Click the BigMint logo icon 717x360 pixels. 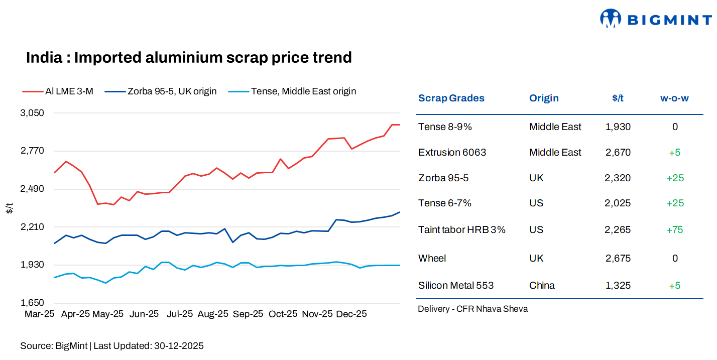pyautogui.click(x=611, y=19)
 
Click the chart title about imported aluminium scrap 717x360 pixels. pyautogui.click(x=189, y=58)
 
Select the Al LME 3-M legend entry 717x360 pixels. pyautogui.click(x=58, y=91)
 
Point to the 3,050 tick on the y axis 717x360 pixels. pyautogui.click(x=32, y=113)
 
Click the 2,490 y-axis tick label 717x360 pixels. pyautogui.click(x=32, y=189)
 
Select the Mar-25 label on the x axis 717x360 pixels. pyautogui.click(x=39, y=314)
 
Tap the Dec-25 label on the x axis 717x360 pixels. pyautogui.click(x=351, y=314)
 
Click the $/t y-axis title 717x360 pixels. pyautogui.click(x=10, y=208)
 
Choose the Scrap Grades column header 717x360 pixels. pyautogui.click(x=451, y=98)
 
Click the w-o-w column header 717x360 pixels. pyautogui.click(x=674, y=98)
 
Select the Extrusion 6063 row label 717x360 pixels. pyautogui.click(x=452, y=153)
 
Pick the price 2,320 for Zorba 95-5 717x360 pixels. pyautogui.click(x=618, y=178)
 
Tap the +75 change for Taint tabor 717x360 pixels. pyautogui.click(x=675, y=230)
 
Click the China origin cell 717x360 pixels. pyautogui.click(x=542, y=286)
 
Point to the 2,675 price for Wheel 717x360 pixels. pyautogui.click(x=618, y=259)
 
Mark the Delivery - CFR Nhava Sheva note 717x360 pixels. pyautogui.click(x=472, y=309)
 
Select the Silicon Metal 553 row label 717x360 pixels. pyautogui.click(x=455, y=286)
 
